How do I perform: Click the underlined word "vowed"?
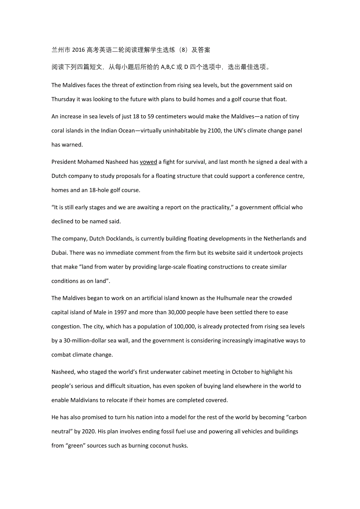pyautogui.click(x=148, y=162)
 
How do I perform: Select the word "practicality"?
pyautogui.click(x=215, y=207)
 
